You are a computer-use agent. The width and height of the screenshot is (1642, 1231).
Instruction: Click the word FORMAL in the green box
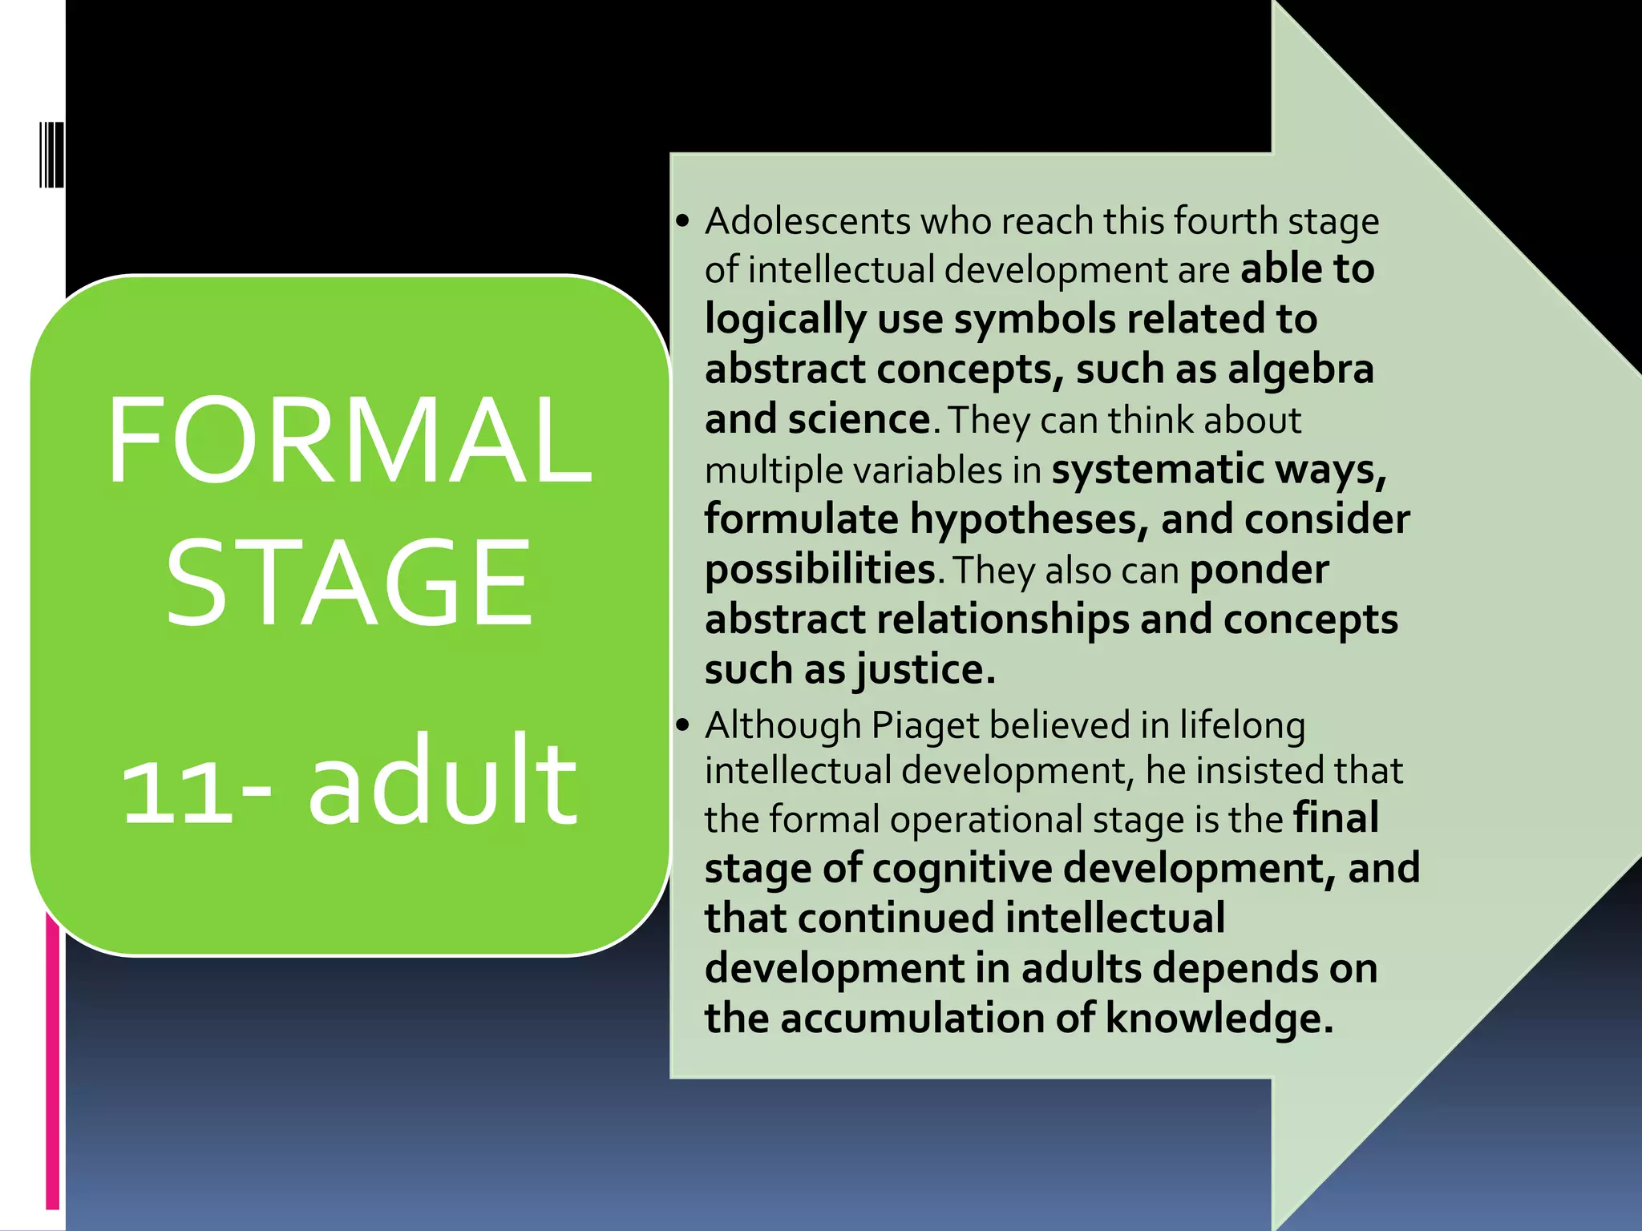(350, 440)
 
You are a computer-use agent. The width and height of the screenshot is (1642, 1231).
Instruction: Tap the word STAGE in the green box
(350, 581)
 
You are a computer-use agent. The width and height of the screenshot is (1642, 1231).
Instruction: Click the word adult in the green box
(443, 781)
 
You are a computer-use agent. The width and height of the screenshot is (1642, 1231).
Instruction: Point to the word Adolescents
(807, 221)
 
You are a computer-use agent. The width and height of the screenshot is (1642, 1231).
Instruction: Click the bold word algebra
(1300, 369)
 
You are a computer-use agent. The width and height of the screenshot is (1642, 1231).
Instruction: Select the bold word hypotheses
(1023, 519)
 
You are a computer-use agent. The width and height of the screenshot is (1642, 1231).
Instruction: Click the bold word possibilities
(819, 570)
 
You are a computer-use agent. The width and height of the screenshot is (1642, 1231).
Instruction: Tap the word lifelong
(1242, 726)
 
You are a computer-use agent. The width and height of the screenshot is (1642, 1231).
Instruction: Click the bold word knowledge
(1219, 1019)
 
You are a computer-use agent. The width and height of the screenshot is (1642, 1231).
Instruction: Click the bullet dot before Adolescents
(682, 221)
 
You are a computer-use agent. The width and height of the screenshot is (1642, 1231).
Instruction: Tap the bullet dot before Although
(682, 726)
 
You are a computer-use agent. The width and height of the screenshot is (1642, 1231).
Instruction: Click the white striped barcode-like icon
(51, 154)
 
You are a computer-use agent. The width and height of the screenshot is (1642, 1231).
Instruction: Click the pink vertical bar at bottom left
(53, 1058)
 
